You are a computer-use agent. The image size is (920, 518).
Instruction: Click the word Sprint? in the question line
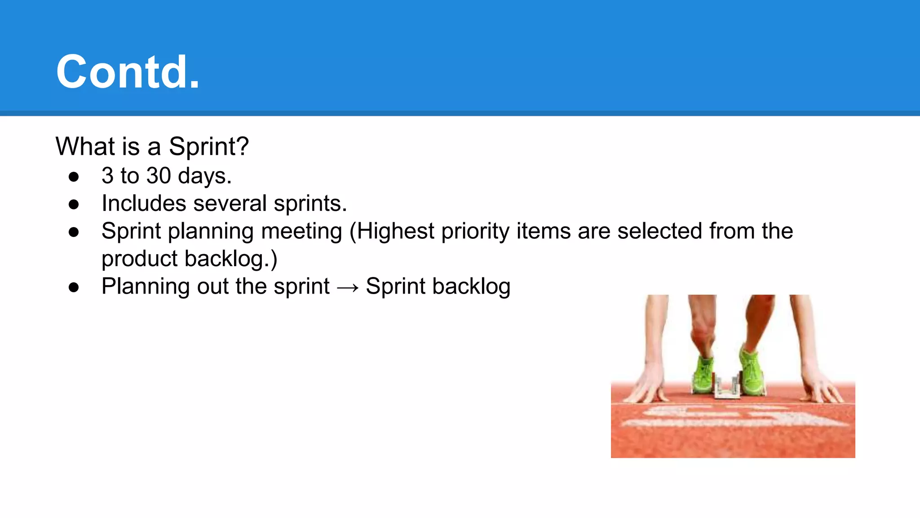[x=208, y=147]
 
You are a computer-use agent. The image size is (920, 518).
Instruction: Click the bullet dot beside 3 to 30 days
[x=74, y=177]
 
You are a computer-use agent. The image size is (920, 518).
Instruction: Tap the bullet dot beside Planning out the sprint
[x=74, y=287]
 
